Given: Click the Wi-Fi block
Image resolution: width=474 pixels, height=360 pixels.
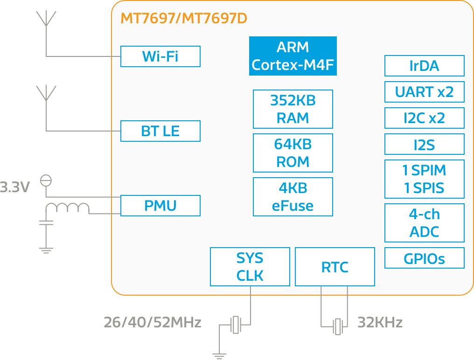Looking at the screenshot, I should (160, 56).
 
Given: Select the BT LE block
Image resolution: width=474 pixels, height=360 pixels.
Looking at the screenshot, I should (160, 131).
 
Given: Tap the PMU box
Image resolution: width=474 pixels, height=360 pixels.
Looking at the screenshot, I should (160, 206).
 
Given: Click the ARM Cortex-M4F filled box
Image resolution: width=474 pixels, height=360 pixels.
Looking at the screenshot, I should (293, 56).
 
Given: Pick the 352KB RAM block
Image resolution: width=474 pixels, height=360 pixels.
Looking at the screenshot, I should (293, 109).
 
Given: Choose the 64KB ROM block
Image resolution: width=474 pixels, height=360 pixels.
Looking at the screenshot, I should (293, 153).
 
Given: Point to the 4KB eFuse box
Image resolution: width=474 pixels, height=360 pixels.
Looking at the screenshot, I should (293, 197).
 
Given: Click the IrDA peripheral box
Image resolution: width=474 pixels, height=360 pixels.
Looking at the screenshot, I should (424, 66).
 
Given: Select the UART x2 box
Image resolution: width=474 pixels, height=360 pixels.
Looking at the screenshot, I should (424, 92).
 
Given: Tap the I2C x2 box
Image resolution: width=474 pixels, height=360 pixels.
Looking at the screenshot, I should (424, 118).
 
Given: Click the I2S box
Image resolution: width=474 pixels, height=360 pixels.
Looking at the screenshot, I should (424, 145).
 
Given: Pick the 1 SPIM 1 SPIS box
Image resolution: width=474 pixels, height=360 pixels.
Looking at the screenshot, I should (424, 179).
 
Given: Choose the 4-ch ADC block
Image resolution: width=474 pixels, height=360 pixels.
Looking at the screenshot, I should (424, 223).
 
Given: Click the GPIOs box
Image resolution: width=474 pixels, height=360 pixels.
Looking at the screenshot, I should (424, 258).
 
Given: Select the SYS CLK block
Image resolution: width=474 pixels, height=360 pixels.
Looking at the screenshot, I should (250, 267).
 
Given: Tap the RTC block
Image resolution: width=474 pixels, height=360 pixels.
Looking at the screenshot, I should (335, 267).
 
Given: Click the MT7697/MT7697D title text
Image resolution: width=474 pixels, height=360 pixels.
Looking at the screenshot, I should (184, 19).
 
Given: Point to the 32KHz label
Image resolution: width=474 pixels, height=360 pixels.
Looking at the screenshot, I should (380, 322).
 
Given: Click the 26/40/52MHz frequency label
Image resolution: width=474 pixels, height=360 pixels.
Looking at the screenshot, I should (152, 322).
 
